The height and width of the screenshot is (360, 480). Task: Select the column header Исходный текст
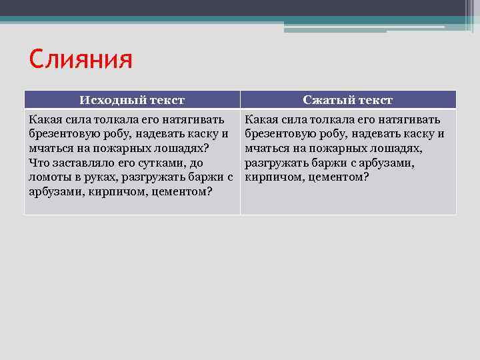coord(132,100)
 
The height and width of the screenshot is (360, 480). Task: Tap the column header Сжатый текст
coord(347,100)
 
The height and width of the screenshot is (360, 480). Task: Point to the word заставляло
coord(83,163)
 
